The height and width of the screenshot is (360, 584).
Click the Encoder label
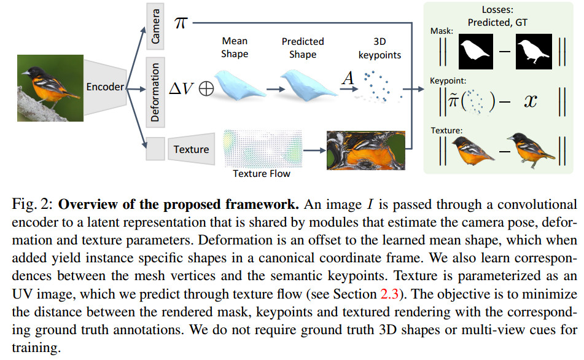(104, 87)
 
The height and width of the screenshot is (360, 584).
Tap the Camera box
(155, 26)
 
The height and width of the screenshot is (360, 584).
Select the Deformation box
(155, 92)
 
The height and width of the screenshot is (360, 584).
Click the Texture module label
(191, 149)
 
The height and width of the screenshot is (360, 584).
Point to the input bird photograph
(50, 88)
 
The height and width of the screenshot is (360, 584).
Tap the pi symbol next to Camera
(181, 23)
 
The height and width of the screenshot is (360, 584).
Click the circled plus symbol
(206, 88)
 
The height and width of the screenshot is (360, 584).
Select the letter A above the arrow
(348, 78)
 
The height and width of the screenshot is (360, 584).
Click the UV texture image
(366, 150)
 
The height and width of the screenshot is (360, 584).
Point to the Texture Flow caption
(262, 174)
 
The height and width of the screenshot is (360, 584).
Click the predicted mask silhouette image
(476, 52)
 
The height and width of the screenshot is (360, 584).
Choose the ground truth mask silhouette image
(534, 52)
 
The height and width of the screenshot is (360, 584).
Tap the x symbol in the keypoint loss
(531, 101)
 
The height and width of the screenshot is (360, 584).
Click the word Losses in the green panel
(497, 9)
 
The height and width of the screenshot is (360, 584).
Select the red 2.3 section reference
(389, 294)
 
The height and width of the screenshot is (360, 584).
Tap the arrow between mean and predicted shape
(276, 90)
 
